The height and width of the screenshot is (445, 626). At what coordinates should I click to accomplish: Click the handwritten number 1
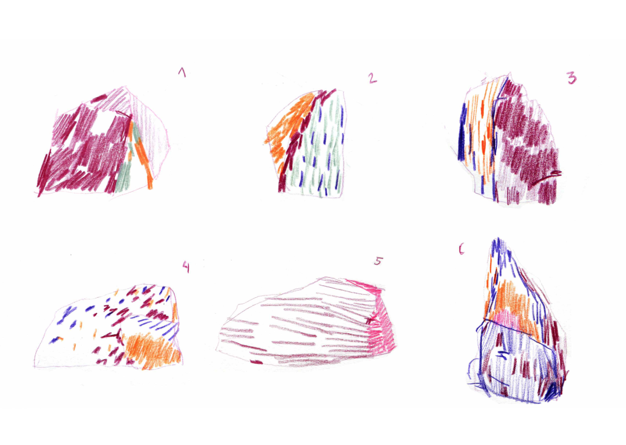tap(182, 73)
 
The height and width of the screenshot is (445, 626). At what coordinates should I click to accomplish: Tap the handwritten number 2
tap(372, 78)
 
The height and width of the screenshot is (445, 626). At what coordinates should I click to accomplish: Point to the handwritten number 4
tap(186, 266)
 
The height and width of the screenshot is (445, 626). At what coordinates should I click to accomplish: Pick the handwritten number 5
tap(377, 261)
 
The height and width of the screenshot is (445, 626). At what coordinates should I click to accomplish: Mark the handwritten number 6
tap(461, 249)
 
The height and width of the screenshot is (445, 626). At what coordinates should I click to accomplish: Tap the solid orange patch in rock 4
tap(152, 349)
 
